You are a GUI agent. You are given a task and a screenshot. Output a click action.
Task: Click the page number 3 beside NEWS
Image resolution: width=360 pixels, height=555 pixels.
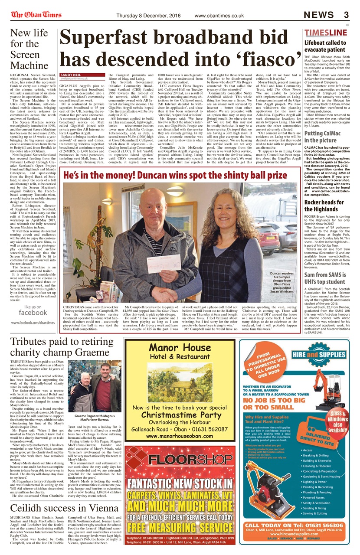click(x=346, y=15)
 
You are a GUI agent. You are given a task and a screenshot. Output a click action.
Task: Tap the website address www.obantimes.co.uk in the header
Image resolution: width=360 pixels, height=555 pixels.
click(x=219, y=16)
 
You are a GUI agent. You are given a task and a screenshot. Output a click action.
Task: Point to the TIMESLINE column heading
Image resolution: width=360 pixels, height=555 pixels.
click(x=325, y=33)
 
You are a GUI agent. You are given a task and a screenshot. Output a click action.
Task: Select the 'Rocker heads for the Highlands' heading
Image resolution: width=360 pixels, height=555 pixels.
click(x=324, y=206)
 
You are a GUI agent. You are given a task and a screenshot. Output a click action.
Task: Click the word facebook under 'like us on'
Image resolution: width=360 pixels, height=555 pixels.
click(x=33, y=313)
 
